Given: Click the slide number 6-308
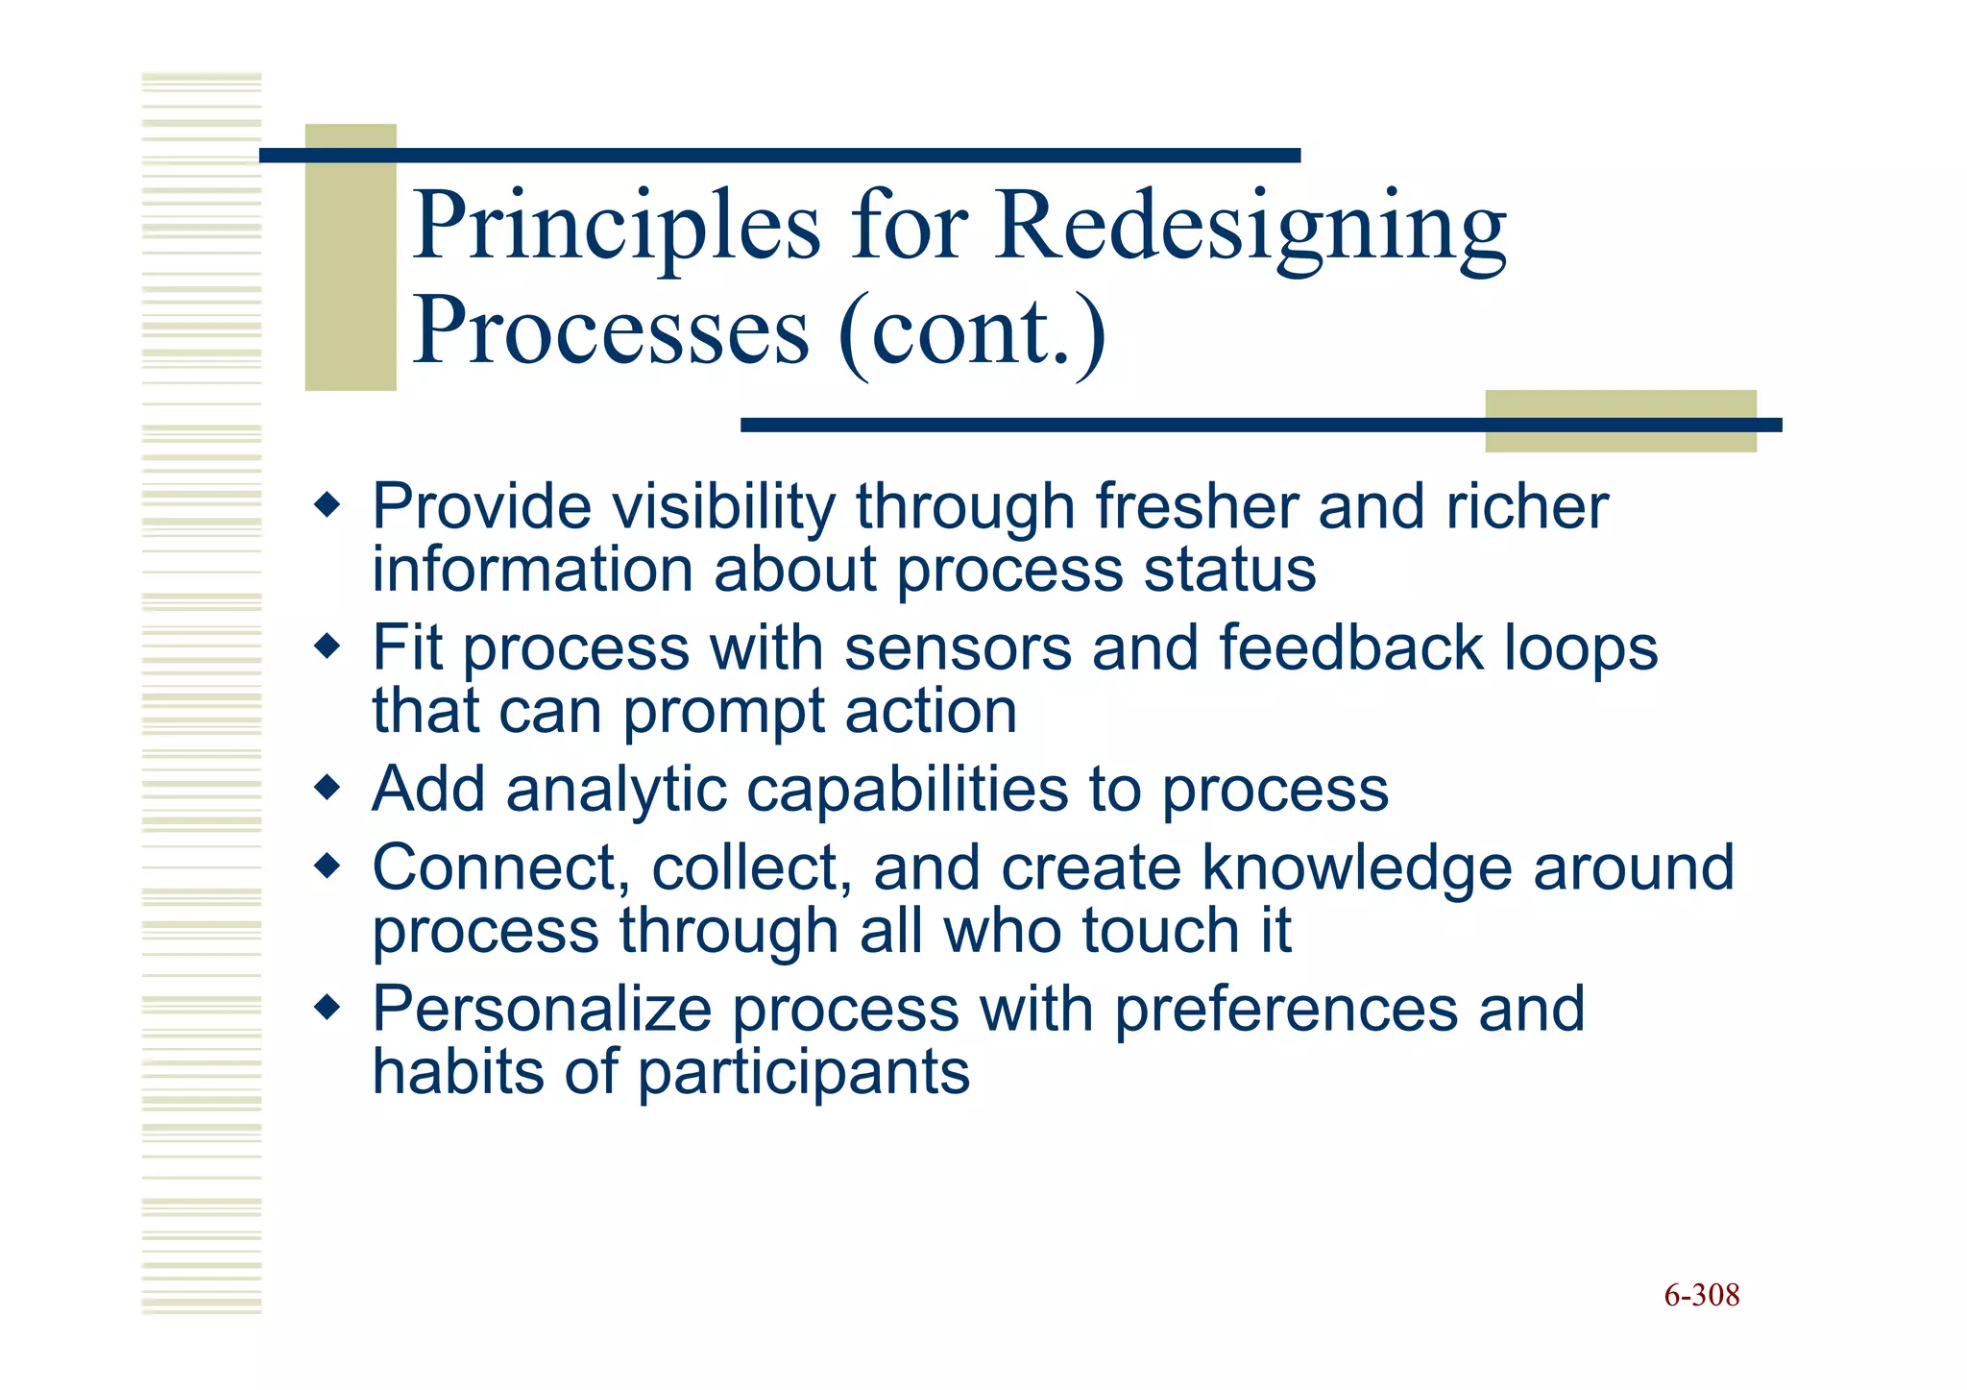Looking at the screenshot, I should coord(1701,1296).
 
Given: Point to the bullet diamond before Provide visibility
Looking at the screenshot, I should coord(328,504).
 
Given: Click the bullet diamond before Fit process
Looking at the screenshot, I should coord(328,646).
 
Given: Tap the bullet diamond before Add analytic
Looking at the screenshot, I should coord(328,788).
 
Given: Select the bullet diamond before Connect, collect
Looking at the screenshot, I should coord(328,866).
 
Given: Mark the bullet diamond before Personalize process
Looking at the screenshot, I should coord(328,1008).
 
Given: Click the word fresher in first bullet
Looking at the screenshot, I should coord(1196,506).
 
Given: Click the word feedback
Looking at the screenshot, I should coord(1350,647).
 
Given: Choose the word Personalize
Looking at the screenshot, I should coord(541,1010).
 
